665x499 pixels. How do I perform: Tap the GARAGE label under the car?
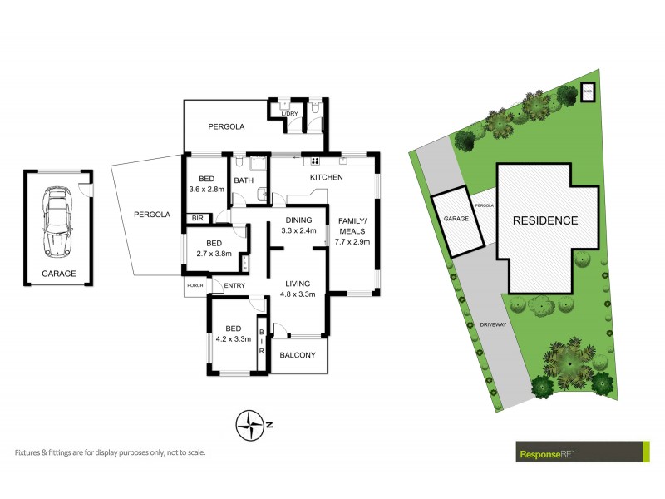58,274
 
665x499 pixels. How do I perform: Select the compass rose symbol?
250,425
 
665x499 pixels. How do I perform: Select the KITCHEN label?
327,178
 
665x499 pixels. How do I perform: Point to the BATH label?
243,180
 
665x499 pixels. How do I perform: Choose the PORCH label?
195,286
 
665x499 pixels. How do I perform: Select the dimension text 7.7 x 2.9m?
353,242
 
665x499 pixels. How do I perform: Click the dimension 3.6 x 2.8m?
206,190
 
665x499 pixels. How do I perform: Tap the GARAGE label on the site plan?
455,218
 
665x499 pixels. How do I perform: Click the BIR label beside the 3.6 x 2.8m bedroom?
198,218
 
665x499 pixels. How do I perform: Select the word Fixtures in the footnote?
30,452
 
